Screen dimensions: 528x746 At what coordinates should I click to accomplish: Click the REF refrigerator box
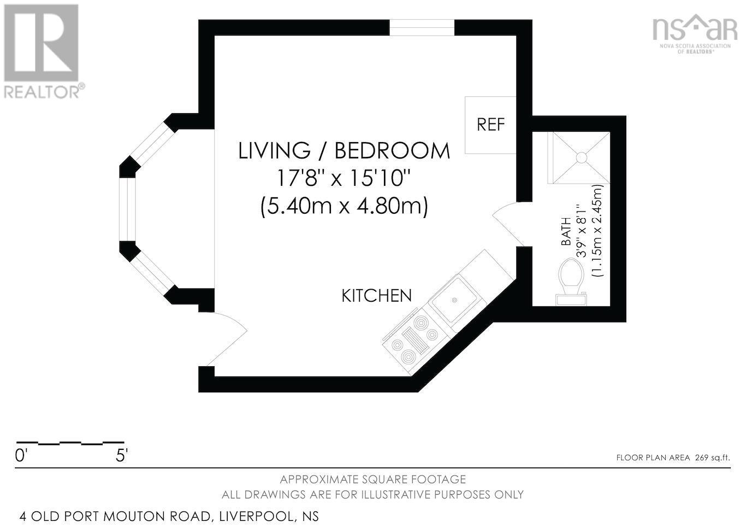[x=490, y=125]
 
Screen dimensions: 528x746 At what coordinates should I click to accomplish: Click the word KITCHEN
[x=376, y=296]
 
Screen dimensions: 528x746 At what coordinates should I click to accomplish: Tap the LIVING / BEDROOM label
[x=344, y=150]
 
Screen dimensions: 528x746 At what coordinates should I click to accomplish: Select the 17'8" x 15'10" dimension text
[x=344, y=178]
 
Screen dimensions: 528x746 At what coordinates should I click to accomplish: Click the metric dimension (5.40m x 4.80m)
[x=344, y=206]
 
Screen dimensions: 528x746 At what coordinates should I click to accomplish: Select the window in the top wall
[x=422, y=28]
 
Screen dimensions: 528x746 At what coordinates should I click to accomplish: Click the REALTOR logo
[x=43, y=51]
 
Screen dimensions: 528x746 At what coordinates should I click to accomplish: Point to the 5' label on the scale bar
[x=121, y=455]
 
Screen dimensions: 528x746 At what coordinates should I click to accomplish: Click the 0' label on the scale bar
[x=21, y=455]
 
